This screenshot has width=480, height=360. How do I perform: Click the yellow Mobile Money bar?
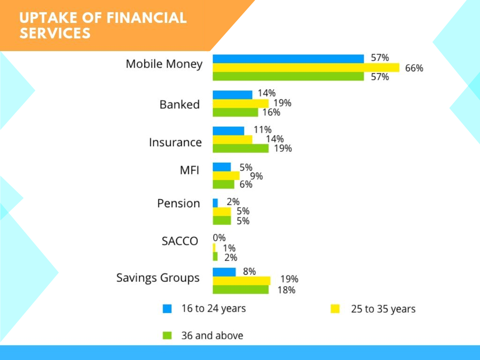[x=306, y=67]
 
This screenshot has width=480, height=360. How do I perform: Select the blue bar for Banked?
[x=232, y=95]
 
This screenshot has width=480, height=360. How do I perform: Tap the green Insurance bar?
[x=240, y=149]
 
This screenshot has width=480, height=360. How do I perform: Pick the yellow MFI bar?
[x=226, y=176]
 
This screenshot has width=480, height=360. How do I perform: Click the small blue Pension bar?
[x=215, y=203]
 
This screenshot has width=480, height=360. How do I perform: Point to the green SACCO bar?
[x=215, y=256]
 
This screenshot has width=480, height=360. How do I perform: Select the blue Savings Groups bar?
[x=224, y=272]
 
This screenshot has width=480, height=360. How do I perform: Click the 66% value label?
[x=414, y=68]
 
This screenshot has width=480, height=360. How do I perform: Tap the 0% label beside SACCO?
[x=219, y=238]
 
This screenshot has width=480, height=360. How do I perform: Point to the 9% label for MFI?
[x=256, y=176]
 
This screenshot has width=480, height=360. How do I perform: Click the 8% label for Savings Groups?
[x=249, y=271]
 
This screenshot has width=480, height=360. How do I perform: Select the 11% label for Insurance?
[x=262, y=130]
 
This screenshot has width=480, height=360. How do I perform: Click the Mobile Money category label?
[x=164, y=64]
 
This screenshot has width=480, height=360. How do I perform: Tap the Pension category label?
[x=179, y=203]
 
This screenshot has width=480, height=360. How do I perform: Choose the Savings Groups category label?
[x=158, y=278]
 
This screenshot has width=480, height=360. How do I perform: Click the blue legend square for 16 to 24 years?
[x=167, y=308]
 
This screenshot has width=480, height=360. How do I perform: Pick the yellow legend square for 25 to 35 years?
[x=335, y=308]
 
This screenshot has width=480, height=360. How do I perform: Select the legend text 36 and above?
[x=212, y=336]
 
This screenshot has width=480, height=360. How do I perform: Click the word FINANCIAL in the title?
[x=147, y=18]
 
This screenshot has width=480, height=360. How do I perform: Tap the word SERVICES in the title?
[x=55, y=33]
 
